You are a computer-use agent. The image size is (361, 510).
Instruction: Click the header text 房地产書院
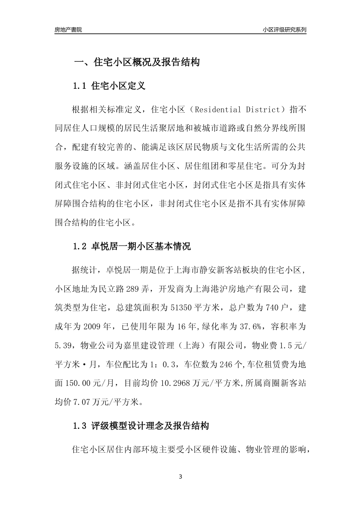click(68, 30)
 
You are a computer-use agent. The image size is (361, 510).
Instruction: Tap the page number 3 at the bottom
click(180, 477)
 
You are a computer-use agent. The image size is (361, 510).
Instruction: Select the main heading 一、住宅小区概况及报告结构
click(136, 62)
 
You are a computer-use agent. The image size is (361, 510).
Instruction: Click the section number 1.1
click(80, 86)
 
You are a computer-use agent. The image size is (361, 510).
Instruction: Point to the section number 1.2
click(80, 247)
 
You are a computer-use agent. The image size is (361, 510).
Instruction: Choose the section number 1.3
click(80, 426)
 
